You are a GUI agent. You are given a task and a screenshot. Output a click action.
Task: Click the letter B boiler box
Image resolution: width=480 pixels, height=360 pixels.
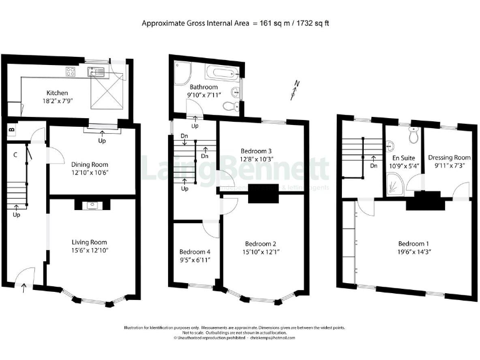[11, 130]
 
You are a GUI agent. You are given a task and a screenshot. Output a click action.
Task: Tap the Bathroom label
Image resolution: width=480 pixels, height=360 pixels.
[204, 87]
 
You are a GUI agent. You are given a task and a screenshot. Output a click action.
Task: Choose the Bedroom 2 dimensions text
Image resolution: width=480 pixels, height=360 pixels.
[261, 252]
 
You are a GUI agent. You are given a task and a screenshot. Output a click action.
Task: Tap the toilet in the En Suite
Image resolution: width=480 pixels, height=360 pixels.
[413, 135]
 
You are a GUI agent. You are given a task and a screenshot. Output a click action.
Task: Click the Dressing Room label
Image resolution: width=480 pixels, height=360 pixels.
[449, 157]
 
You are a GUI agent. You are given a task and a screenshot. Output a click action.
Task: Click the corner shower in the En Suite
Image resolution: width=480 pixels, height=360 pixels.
[395, 182]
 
